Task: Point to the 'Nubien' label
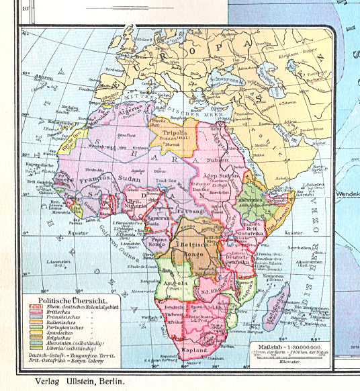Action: [x=226, y=161]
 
